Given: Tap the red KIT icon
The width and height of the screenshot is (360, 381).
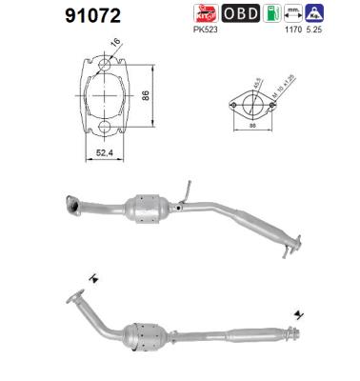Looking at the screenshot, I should point(205,13).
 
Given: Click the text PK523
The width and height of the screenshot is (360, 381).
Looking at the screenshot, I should point(205,30).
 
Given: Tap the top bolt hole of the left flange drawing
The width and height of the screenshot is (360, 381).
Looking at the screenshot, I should point(101,65).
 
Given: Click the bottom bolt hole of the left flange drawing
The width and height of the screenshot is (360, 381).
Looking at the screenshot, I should point(101,127).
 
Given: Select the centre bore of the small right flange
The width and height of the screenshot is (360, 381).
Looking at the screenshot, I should point(250,100).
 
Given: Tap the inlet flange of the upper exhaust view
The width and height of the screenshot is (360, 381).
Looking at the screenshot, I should point(70,203).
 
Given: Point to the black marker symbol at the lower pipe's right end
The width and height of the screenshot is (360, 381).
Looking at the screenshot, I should point(298,312).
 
